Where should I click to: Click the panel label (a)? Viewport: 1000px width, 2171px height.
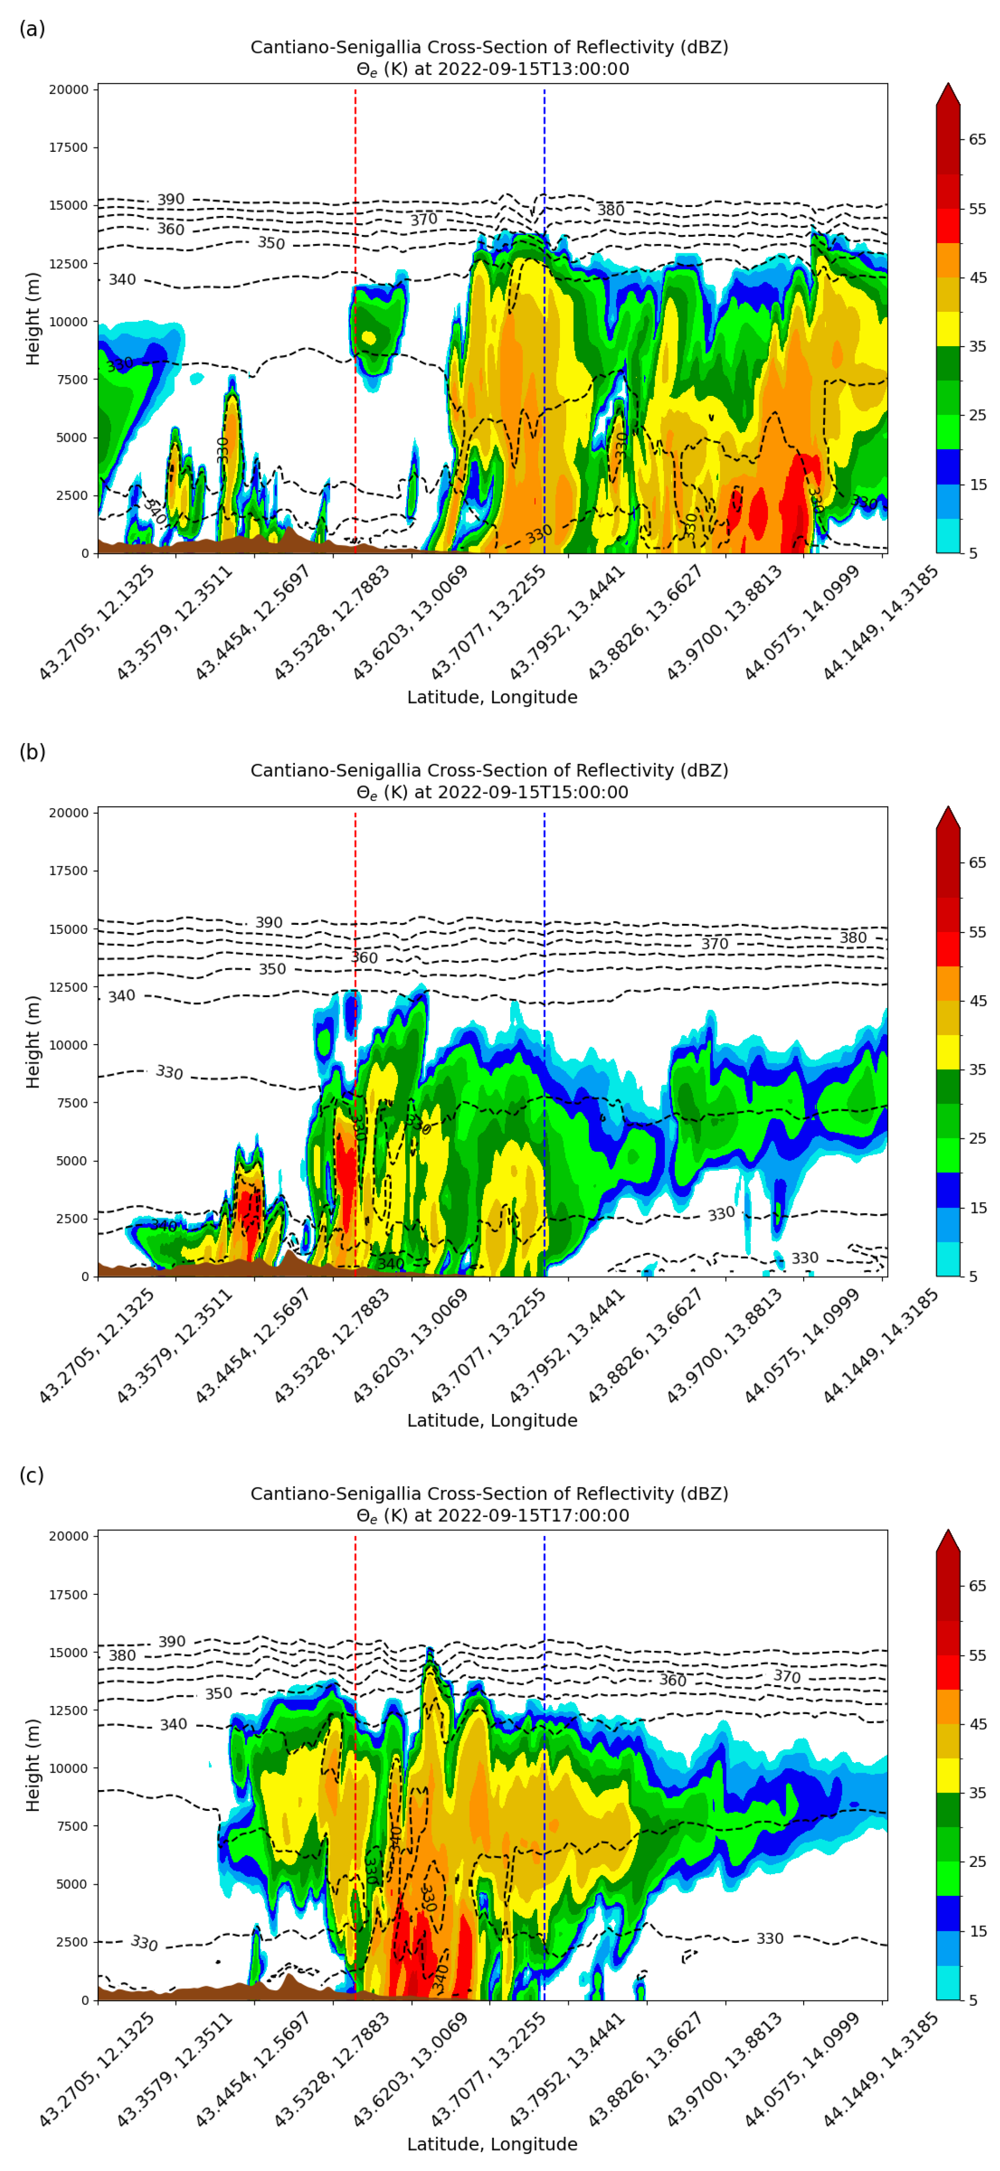(32, 29)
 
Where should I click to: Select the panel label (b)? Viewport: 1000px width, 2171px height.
(32, 752)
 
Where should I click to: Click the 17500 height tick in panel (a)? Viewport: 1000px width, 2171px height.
(68, 147)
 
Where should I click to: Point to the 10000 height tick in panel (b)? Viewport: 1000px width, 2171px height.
(68, 1045)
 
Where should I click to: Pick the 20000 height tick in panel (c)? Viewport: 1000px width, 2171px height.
(68, 1536)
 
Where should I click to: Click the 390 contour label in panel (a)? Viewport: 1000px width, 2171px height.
(170, 200)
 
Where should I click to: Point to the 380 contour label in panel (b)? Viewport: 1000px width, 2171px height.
(853, 938)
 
